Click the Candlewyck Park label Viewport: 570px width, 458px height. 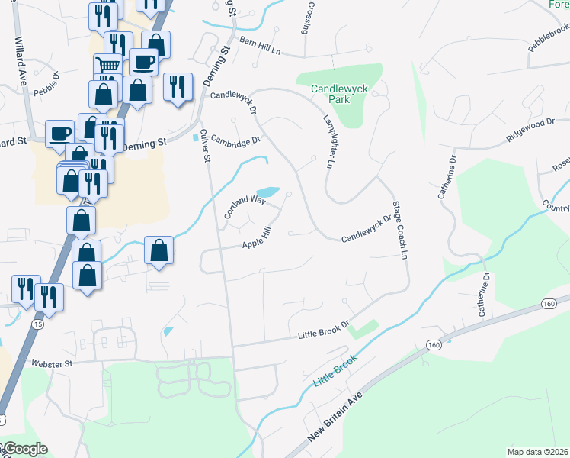click(339, 95)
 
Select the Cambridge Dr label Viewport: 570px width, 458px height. click(236, 140)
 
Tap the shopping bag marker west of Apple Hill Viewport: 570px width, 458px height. click(158, 250)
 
